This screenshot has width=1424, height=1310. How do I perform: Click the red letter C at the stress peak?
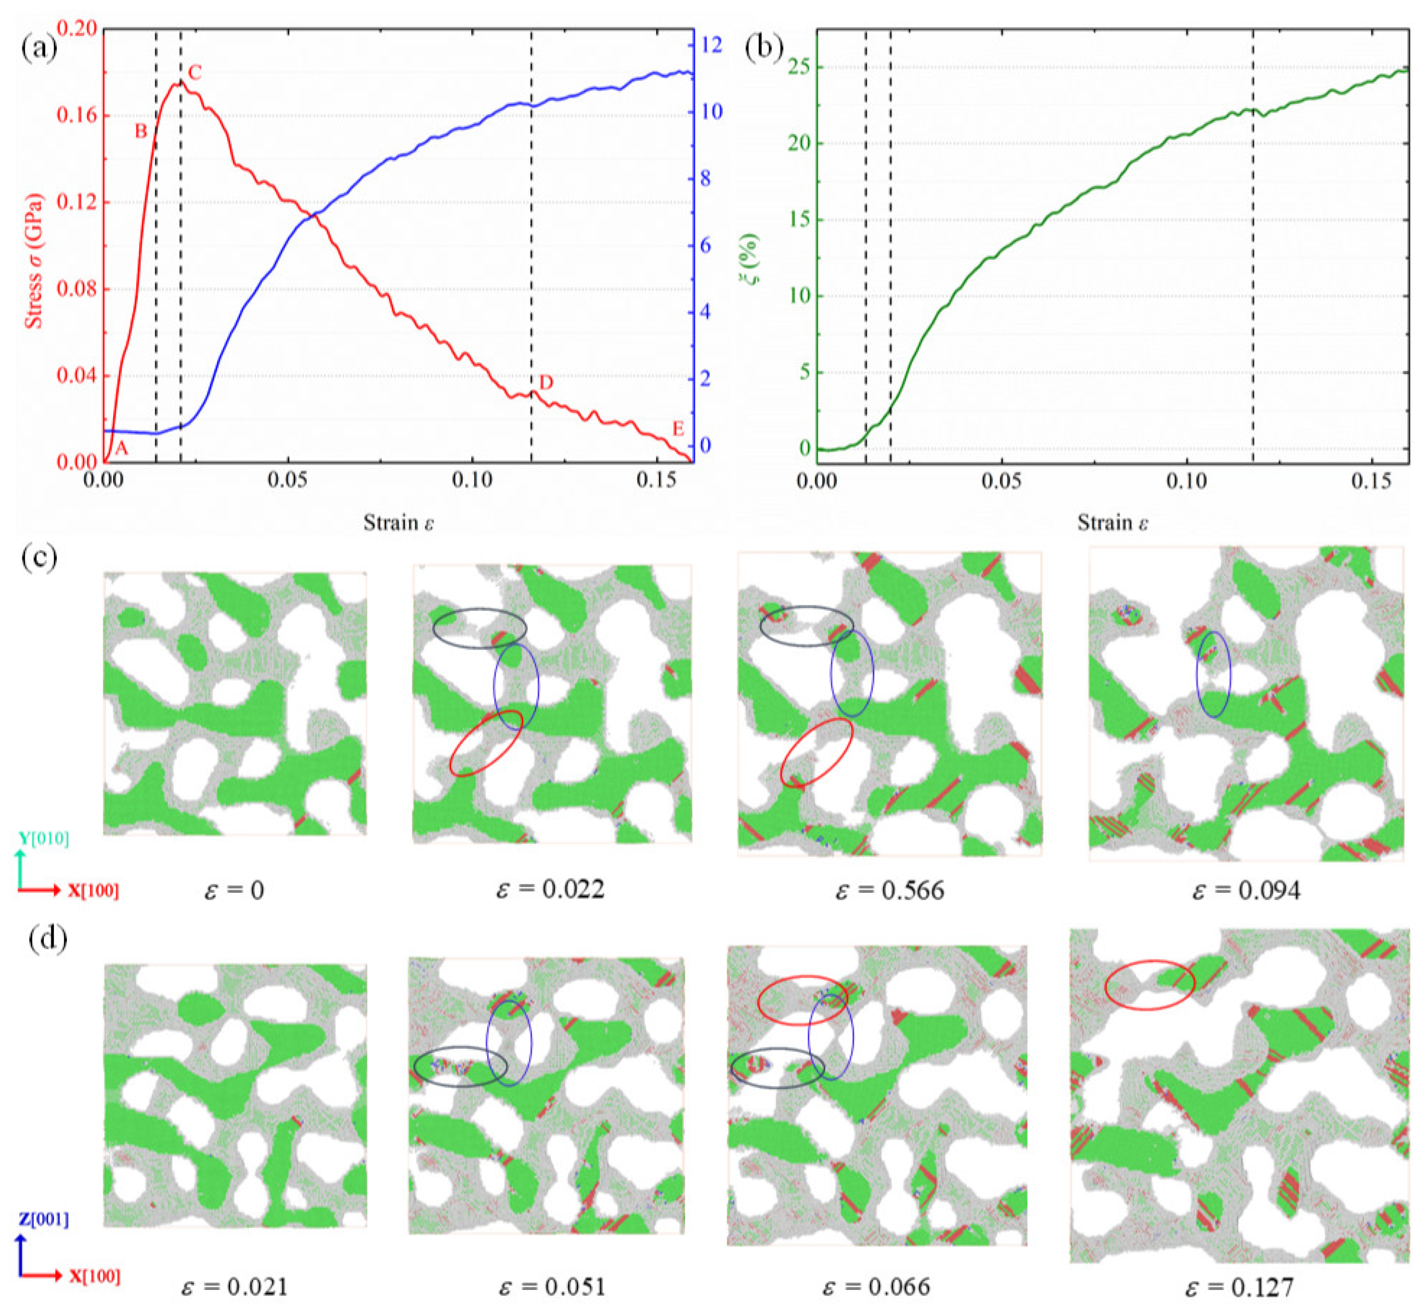(x=195, y=72)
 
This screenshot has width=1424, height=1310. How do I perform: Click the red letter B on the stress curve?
(x=141, y=131)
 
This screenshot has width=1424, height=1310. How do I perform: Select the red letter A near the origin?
(x=121, y=448)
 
